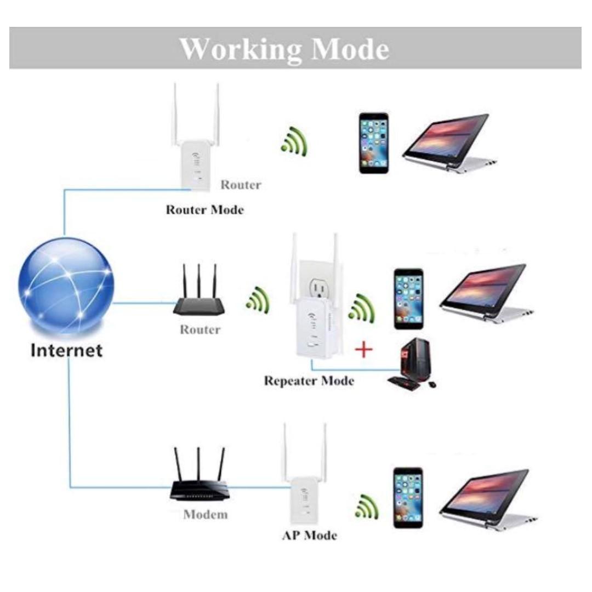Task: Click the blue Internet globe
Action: click(x=66, y=285)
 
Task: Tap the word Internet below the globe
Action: click(x=66, y=350)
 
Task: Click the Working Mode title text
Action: click(x=284, y=49)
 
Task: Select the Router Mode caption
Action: click(x=204, y=209)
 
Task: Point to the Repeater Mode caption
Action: click(x=309, y=380)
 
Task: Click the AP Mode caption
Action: click(x=309, y=535)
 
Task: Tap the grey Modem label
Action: click(x=205, y=515)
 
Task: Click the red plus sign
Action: click(x=363, y=349)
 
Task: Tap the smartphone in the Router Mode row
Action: click(x=374, y=143)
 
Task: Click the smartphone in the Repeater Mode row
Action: click(x=408, y=299)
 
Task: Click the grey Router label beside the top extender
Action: click(x=241, y=185)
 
